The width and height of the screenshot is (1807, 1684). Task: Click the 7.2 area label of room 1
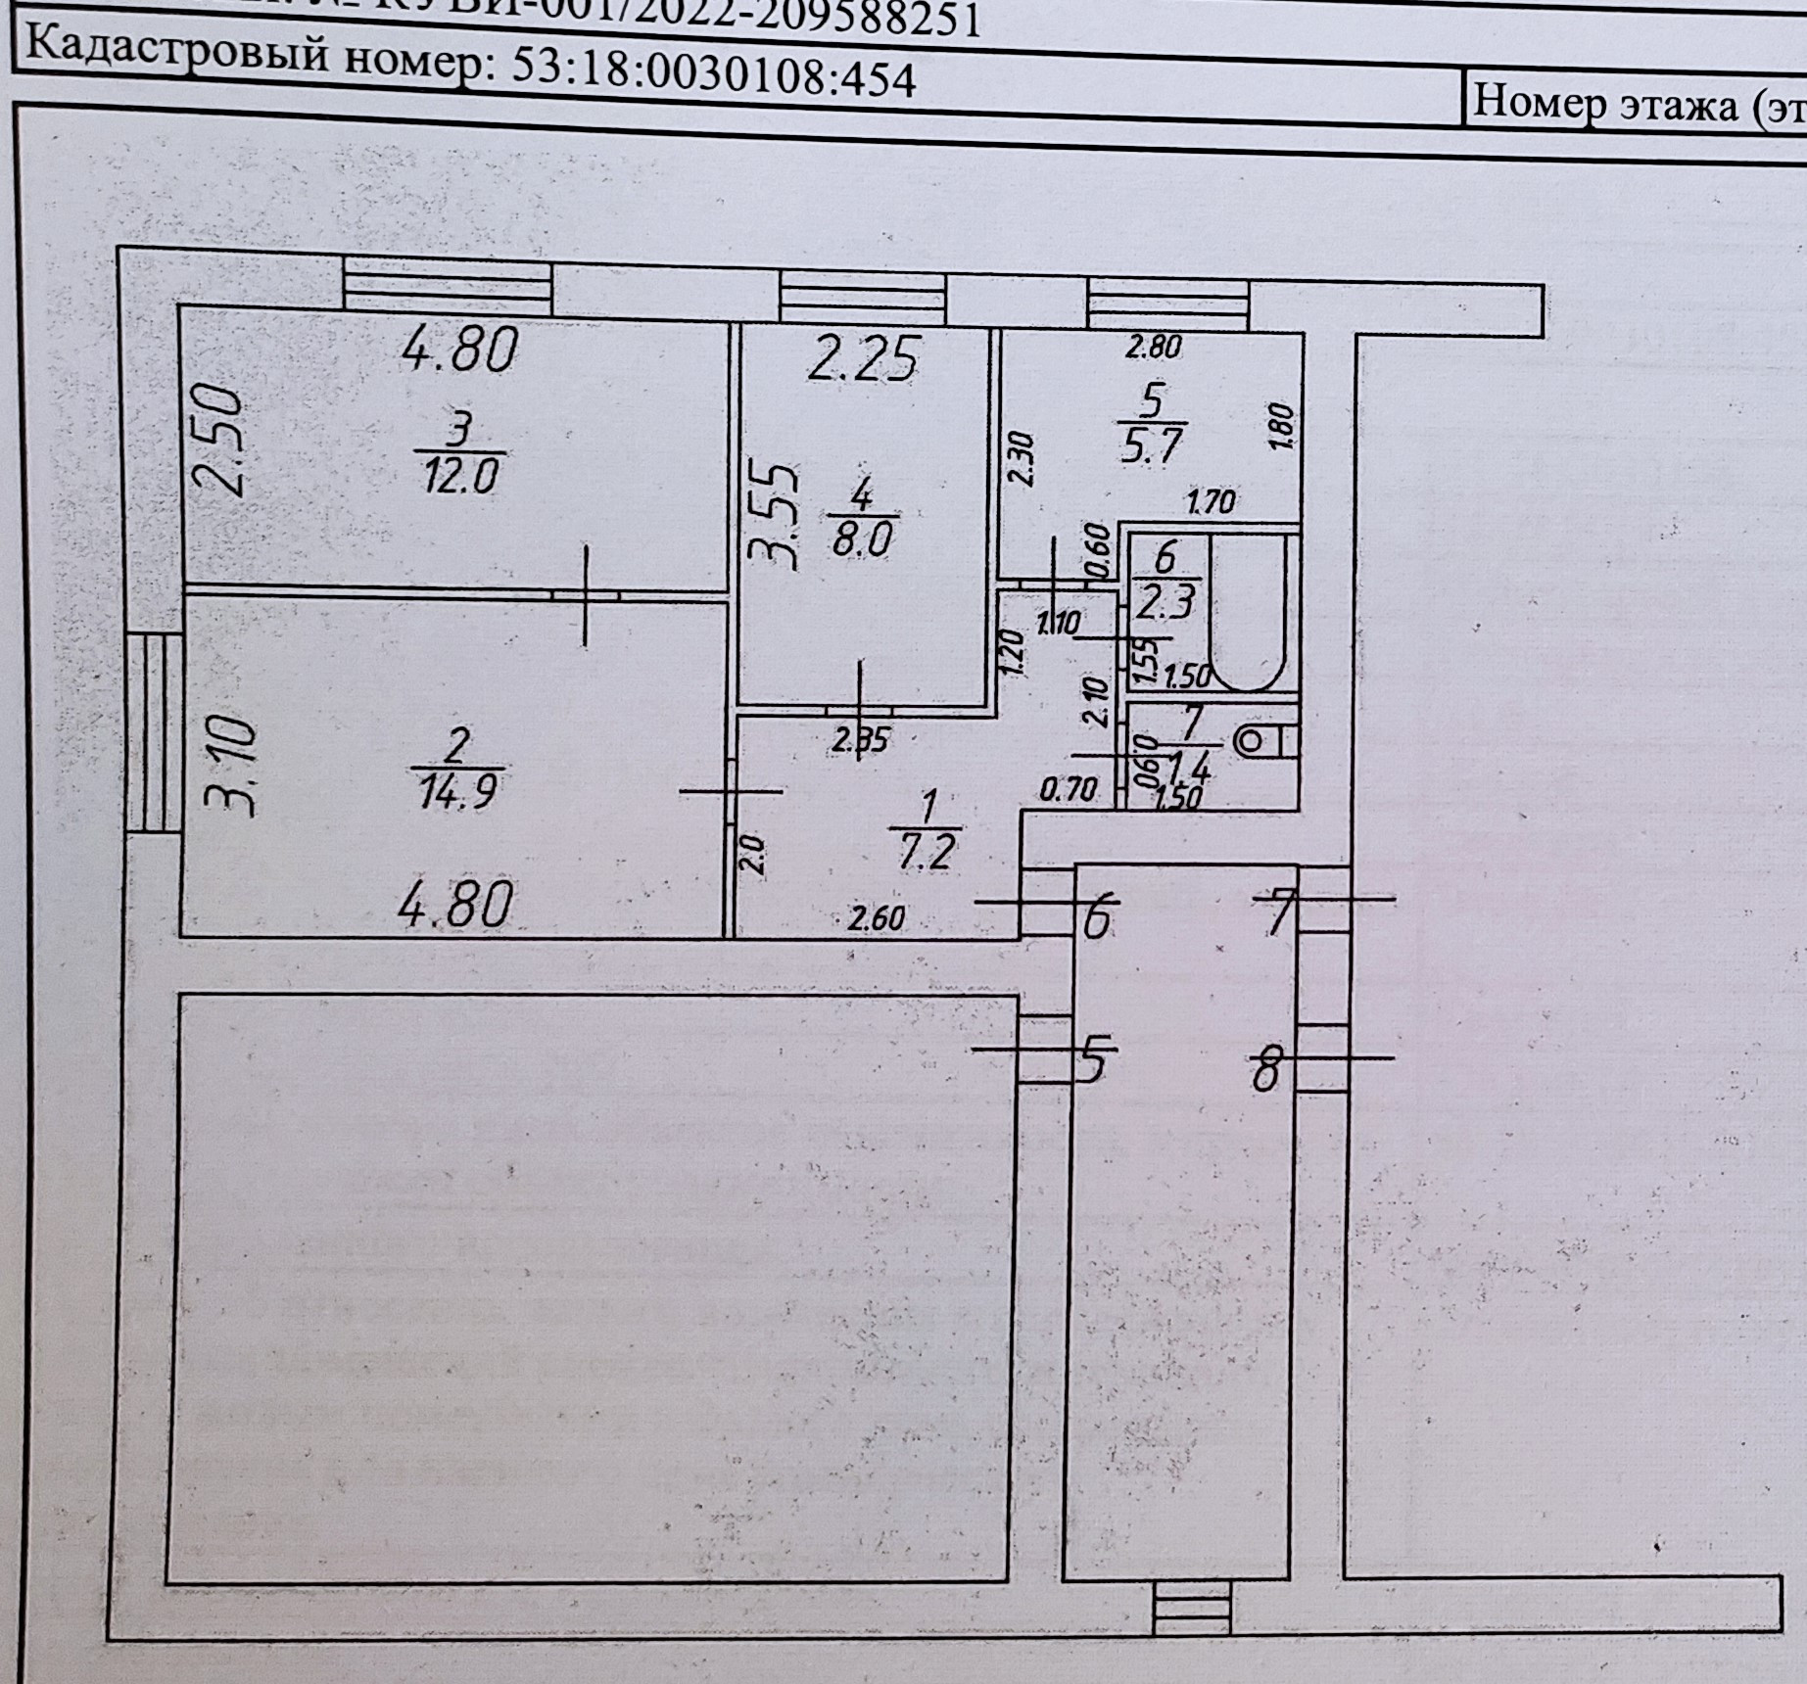925,851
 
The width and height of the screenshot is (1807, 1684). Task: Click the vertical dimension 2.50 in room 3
217,442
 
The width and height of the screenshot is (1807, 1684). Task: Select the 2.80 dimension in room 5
1153,346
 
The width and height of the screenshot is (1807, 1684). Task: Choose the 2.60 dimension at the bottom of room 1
877,919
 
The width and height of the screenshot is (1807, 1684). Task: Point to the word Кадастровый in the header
177,51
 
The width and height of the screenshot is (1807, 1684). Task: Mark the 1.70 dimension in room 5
1210,503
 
